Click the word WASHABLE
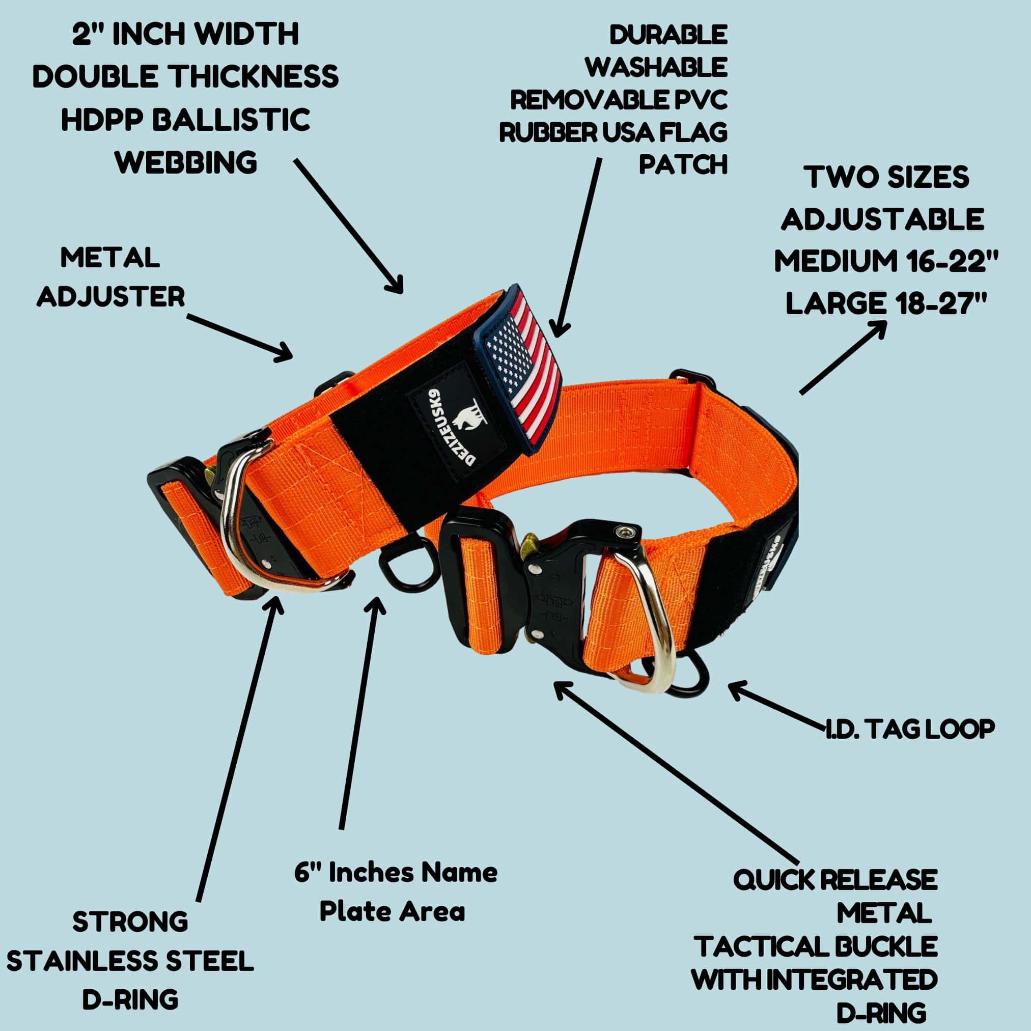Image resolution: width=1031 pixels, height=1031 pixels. point(656,68)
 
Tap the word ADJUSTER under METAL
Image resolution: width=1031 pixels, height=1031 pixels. point(111,297)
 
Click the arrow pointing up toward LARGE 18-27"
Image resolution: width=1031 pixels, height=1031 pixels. point(843,357)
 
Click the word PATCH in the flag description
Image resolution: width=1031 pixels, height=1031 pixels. point(683,165)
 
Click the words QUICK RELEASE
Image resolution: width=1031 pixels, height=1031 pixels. point(835,879)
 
